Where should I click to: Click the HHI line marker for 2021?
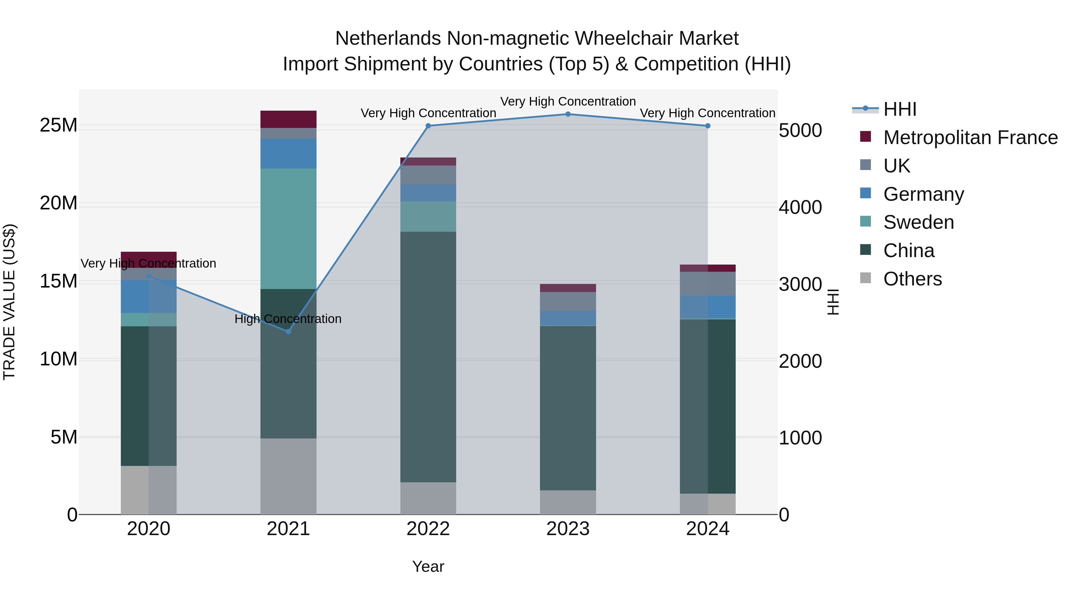coord(288,331)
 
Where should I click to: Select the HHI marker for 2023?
coord(568,114)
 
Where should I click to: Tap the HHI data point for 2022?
coord(428,126)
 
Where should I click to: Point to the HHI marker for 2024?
coord(708,126)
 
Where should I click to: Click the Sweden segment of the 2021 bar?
coord(288,228)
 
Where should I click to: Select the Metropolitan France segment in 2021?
coord(288,119)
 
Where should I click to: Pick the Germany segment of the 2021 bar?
coord(288,153)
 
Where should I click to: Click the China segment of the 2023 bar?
coord(568,408)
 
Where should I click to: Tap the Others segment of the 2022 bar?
coord(428,498)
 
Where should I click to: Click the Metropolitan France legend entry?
coord(970,138)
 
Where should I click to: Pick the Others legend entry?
coord(912,279)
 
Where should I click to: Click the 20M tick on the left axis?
coord(58,203)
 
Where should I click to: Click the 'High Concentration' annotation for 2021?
coord(288,319)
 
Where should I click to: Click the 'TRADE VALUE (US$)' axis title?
coord(10,302)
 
